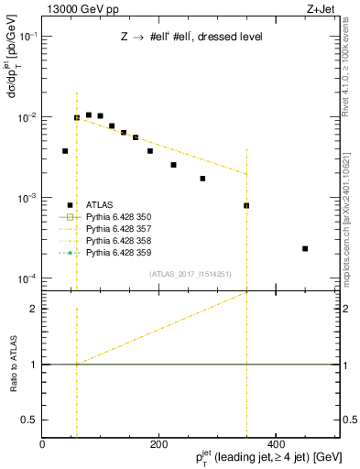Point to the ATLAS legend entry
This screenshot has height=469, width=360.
click(102, 205)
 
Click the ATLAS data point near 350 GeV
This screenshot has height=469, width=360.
click(246, 205)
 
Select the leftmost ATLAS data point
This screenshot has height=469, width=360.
click(65, 151)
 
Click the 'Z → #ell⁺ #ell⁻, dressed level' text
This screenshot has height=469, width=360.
click(191, 37)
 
